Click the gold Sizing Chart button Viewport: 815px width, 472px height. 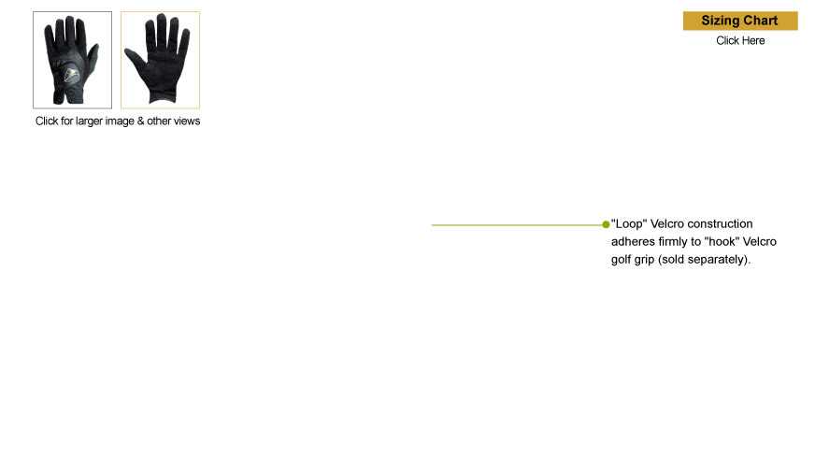pos(740,21)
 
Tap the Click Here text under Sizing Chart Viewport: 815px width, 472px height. pos(740,40)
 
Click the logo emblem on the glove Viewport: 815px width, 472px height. pos(72,76)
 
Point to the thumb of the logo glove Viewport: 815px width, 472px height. pos(93,55)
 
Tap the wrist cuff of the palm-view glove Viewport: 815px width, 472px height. pos(163,96)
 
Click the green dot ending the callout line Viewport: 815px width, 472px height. pos(606,224)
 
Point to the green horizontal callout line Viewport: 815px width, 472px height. pos(517,225)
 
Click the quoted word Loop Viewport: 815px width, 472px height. pos(629,224)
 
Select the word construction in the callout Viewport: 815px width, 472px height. pos(720,224)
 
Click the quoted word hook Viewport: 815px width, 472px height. pos(722,242)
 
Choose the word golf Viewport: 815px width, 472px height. pos(621,260)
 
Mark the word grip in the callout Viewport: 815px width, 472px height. pos(644,260)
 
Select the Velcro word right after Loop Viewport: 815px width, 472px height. pos(667,224)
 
